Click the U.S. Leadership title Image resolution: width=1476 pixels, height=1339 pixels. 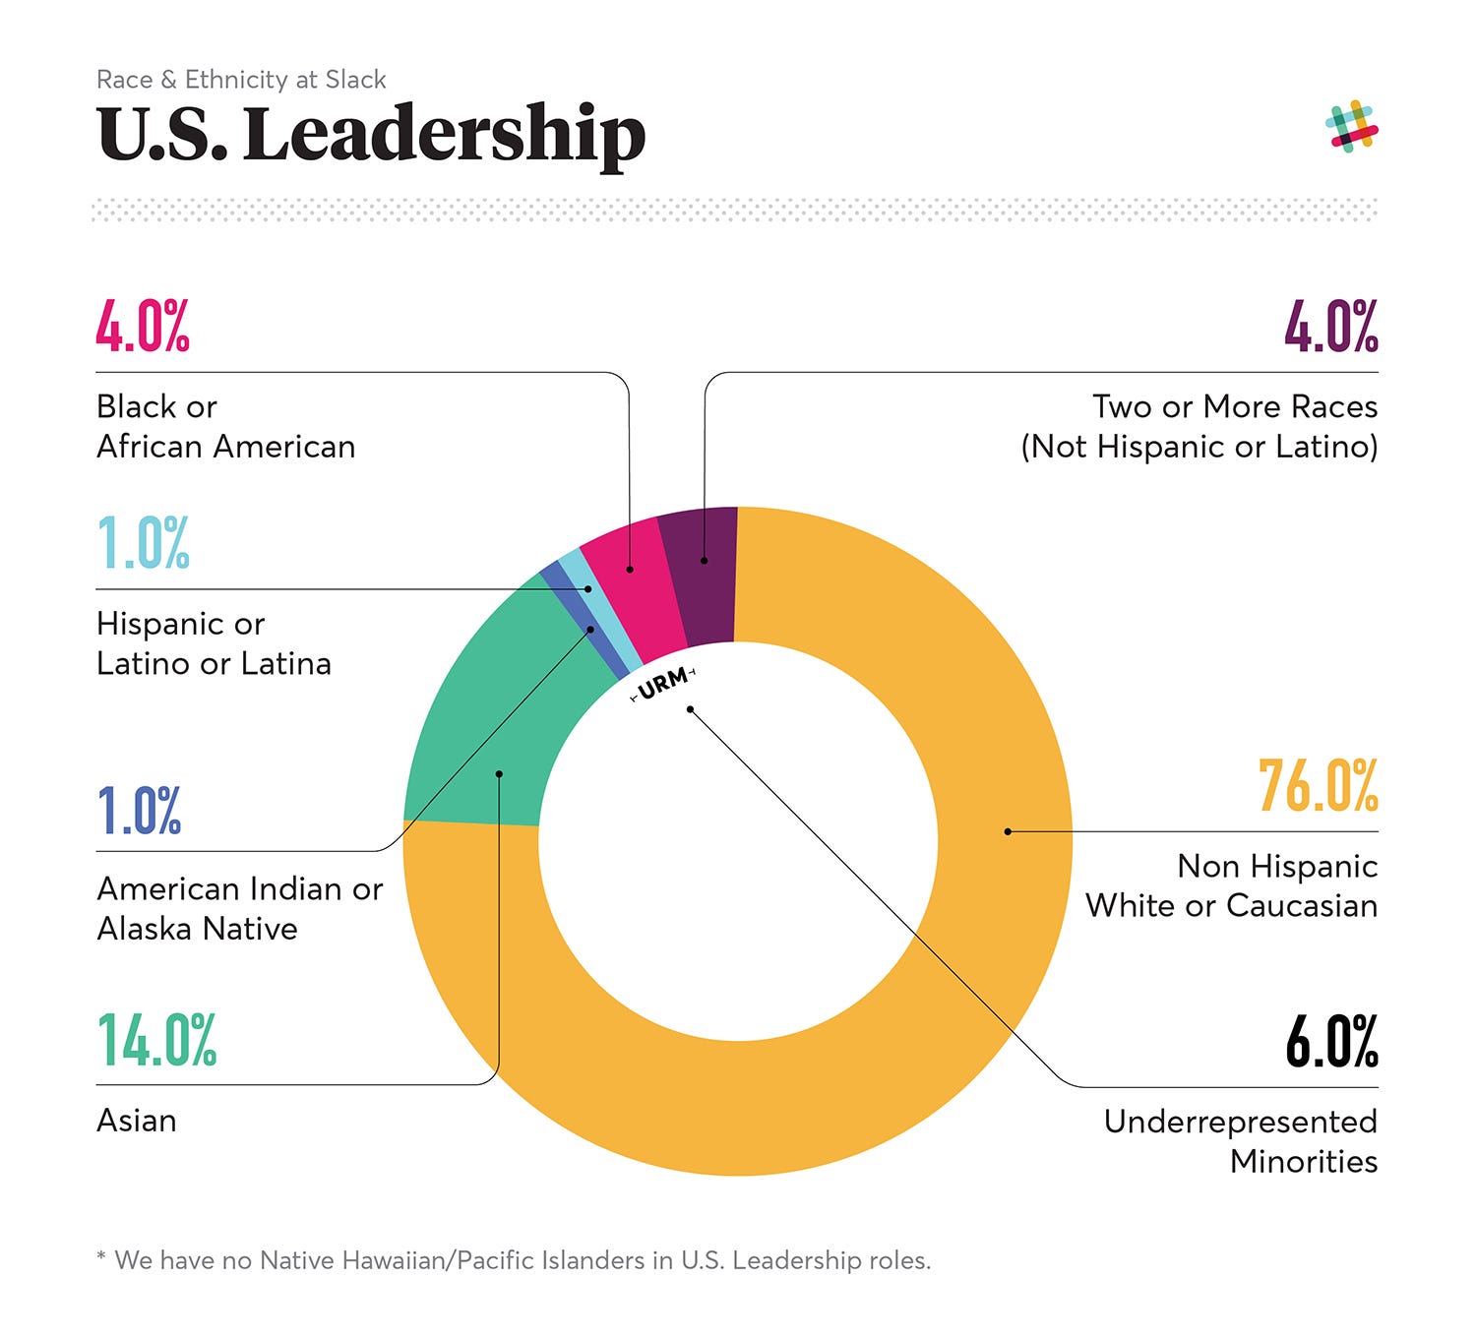click(x=371, y=135)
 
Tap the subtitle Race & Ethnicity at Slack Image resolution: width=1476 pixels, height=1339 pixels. click(x=241, y=80)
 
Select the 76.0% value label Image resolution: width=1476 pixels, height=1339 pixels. click(x=1318, y=786)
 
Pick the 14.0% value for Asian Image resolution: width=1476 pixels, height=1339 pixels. click(x=156, y=1041)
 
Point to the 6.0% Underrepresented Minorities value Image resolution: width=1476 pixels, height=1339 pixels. click(x=1331, y=1042)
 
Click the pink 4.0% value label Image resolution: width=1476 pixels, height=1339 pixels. click(x=143, y=327)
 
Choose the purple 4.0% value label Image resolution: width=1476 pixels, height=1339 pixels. click(x=1330, y=327)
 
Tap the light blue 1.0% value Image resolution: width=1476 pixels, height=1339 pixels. click(x=143, y=543)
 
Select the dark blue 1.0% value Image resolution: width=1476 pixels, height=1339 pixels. click(x=139, y=811)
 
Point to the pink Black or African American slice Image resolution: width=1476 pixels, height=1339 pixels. click(x=626, y=590)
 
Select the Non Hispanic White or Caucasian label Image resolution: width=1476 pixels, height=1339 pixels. click(x=1231, y=885)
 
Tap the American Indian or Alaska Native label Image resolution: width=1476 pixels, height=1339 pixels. click(x=239, y=908)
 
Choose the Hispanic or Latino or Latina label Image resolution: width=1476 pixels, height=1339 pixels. click(x=214, y=643)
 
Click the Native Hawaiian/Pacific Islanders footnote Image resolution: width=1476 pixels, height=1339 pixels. click(x=514, y=1260)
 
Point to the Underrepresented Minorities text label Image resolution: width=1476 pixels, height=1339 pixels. click(x=1241, y=1141)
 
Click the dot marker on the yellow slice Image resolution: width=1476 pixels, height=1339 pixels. click(x=1008, y=831)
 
